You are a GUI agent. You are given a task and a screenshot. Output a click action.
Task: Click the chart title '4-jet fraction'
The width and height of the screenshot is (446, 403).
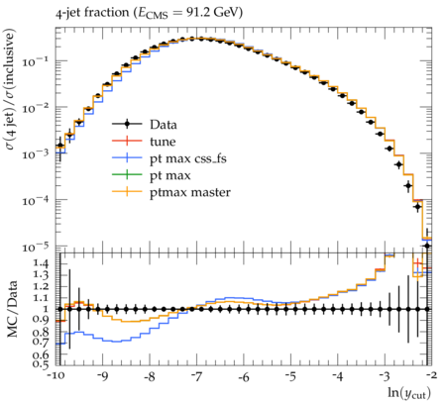click(92, 13)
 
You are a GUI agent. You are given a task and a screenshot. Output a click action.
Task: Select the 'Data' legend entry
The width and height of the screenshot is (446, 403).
click(145, 125)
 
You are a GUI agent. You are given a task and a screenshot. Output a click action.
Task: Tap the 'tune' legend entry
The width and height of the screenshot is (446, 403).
click(144, 142)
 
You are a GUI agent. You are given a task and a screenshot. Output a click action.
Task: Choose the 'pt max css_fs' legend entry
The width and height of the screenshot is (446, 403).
click(169, 158)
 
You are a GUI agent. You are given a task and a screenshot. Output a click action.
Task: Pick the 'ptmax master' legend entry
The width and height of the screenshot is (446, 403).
click(171, 192)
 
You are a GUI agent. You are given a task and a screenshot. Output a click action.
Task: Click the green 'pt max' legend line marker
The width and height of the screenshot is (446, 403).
click(127, 175)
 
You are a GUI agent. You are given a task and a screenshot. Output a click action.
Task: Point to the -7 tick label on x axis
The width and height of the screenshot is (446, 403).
click(196, 376)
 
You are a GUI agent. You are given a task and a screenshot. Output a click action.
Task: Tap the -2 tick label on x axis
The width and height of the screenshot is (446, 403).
click(431, 376)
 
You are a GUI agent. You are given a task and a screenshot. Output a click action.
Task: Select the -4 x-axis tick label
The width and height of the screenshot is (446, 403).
click(338, 376)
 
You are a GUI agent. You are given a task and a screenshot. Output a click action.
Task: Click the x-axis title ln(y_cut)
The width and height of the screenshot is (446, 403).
click(409, 393)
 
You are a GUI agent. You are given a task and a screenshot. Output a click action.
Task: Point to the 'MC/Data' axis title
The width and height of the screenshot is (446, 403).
click(12, 309)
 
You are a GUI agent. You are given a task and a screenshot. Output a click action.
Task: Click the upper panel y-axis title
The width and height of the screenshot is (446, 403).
click(10, 89)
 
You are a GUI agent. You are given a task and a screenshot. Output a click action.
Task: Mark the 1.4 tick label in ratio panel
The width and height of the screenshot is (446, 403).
click(41, 263)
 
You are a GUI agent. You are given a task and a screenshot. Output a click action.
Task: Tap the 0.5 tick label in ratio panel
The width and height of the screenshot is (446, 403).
click(41, 364)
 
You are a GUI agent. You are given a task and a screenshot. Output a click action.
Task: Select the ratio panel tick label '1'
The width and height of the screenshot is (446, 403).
click(46, 309)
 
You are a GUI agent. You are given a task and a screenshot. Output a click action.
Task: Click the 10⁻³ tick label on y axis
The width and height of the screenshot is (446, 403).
click(35, 152)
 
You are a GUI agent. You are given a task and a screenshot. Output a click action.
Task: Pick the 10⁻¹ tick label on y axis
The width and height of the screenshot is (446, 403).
click(35, 60)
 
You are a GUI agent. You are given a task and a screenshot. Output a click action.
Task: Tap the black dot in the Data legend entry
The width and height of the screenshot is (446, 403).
click(127, 124)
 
